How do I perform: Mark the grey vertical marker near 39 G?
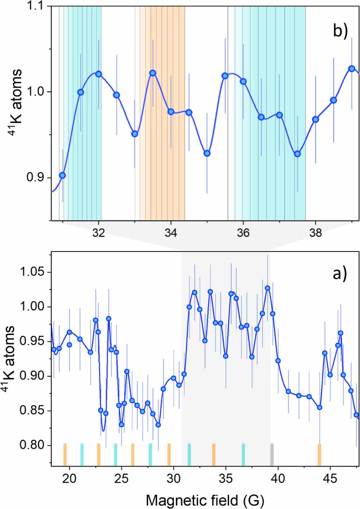[272, 455]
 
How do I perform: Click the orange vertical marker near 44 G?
[319, 455]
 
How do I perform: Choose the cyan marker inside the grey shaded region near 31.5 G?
[189, 455]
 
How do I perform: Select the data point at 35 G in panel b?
[207, 153]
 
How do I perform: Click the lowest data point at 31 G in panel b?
[62, 175]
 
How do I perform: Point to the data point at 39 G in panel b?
[351, 69]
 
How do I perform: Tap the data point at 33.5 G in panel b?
[152, 73]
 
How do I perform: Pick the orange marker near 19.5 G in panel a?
[65, 455]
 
